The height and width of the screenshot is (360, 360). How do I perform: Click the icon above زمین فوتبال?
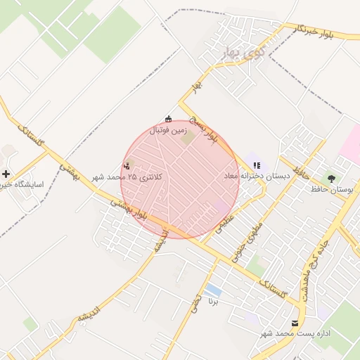(x=167, y=118)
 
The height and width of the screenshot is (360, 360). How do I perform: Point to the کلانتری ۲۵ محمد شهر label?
(x=134, y=176)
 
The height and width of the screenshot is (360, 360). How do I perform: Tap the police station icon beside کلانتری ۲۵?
(x=127, y=165)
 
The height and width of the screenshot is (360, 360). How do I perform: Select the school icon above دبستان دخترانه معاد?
(x=257, y=165)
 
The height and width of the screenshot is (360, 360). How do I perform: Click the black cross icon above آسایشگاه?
(x=6, y=173)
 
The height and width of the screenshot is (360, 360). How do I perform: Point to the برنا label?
(x=214, y=300)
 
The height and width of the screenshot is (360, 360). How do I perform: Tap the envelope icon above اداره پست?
(x=295, y=323)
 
